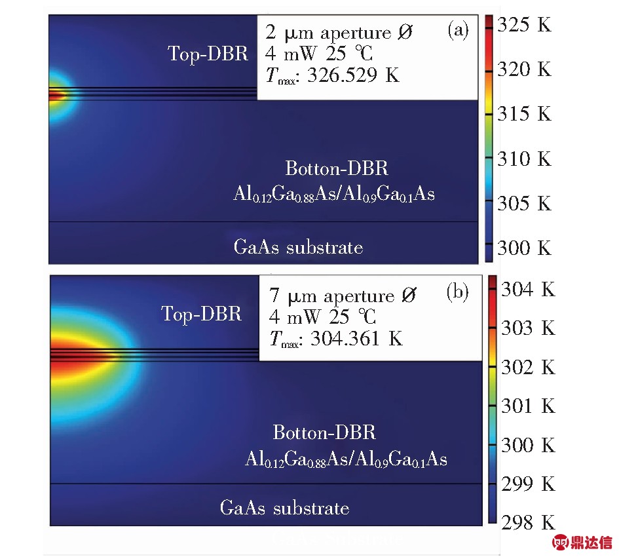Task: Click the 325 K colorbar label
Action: (x=524, y=26)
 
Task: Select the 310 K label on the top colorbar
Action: (x=524, y=159)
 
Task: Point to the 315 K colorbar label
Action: (x=524, y=114)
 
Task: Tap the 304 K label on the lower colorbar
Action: (x=527, y=289)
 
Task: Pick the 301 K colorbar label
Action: (x=527, y=406)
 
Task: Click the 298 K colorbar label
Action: (x=527, y=522)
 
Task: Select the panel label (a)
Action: (x=457, y=30)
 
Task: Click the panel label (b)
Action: (x=457, y=292)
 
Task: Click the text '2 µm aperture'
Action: (x=330, y=31)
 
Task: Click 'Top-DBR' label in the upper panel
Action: (x=208, y=54)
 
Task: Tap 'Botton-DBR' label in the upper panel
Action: (x=337, y=168)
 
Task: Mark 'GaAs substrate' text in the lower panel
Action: (x=284, y=508)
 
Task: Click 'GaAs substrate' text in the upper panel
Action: (x=298, y=247)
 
